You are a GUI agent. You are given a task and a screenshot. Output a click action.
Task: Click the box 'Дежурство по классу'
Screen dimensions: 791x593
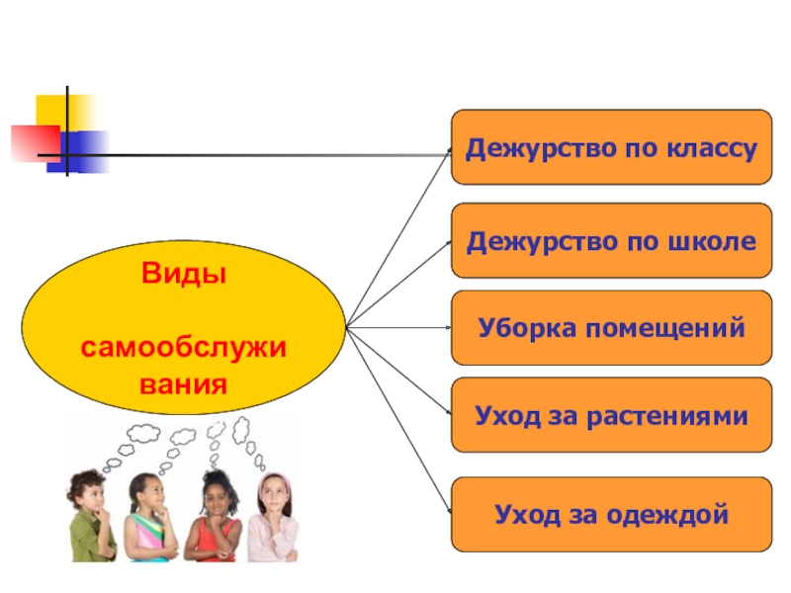click(611, 147)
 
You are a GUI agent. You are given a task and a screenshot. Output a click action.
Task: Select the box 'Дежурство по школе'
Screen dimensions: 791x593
click(611, 240)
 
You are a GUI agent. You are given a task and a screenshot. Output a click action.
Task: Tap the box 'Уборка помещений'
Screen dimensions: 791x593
click(611, 327)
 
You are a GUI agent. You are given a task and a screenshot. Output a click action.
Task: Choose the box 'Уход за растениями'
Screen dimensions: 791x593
click(611, 414)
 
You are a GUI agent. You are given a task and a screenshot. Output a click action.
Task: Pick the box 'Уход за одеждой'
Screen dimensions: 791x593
click(611, 514)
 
